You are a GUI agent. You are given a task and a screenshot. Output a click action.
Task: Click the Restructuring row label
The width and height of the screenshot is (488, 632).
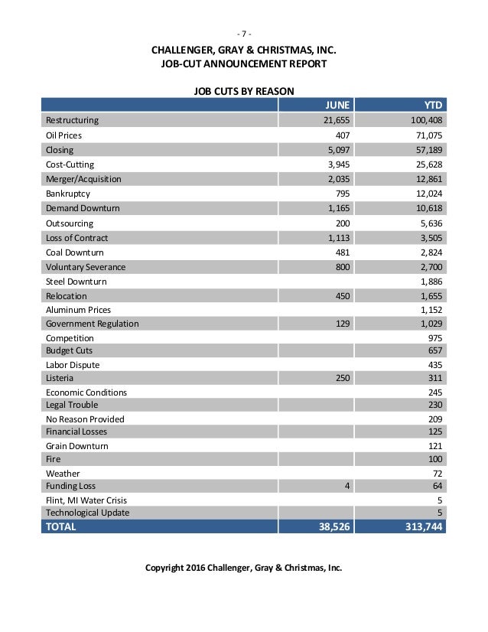(73, 120)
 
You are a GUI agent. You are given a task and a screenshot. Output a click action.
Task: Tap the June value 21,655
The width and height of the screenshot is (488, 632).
(337, 120)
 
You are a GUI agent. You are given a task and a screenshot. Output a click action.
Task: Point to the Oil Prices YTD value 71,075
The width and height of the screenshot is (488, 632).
(428, 135)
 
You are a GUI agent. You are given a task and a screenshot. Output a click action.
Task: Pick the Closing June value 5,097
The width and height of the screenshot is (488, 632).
(339, 149)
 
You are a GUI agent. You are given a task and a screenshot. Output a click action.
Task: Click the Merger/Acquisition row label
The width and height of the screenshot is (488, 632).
(83, 179)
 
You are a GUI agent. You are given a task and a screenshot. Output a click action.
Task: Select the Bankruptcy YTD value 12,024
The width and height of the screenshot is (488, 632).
(428, 194)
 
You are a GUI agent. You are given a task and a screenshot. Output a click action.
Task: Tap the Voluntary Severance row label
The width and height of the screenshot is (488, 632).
(86, 267)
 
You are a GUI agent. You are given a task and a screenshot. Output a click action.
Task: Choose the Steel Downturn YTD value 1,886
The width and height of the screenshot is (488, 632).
(430, 282)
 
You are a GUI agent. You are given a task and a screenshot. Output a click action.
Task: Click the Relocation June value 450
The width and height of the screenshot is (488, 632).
(343, 296)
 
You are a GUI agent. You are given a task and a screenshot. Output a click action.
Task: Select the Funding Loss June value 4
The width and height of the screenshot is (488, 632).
(347, 485)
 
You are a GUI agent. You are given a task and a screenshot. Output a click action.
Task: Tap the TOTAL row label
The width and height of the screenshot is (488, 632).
(61, 527)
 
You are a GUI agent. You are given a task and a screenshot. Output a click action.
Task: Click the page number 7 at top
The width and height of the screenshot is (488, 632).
(243, 33)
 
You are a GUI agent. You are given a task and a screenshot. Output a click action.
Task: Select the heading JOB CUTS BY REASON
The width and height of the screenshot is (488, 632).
(243, 90)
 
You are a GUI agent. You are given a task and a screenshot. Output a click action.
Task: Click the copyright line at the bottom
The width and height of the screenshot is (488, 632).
(243, 569)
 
